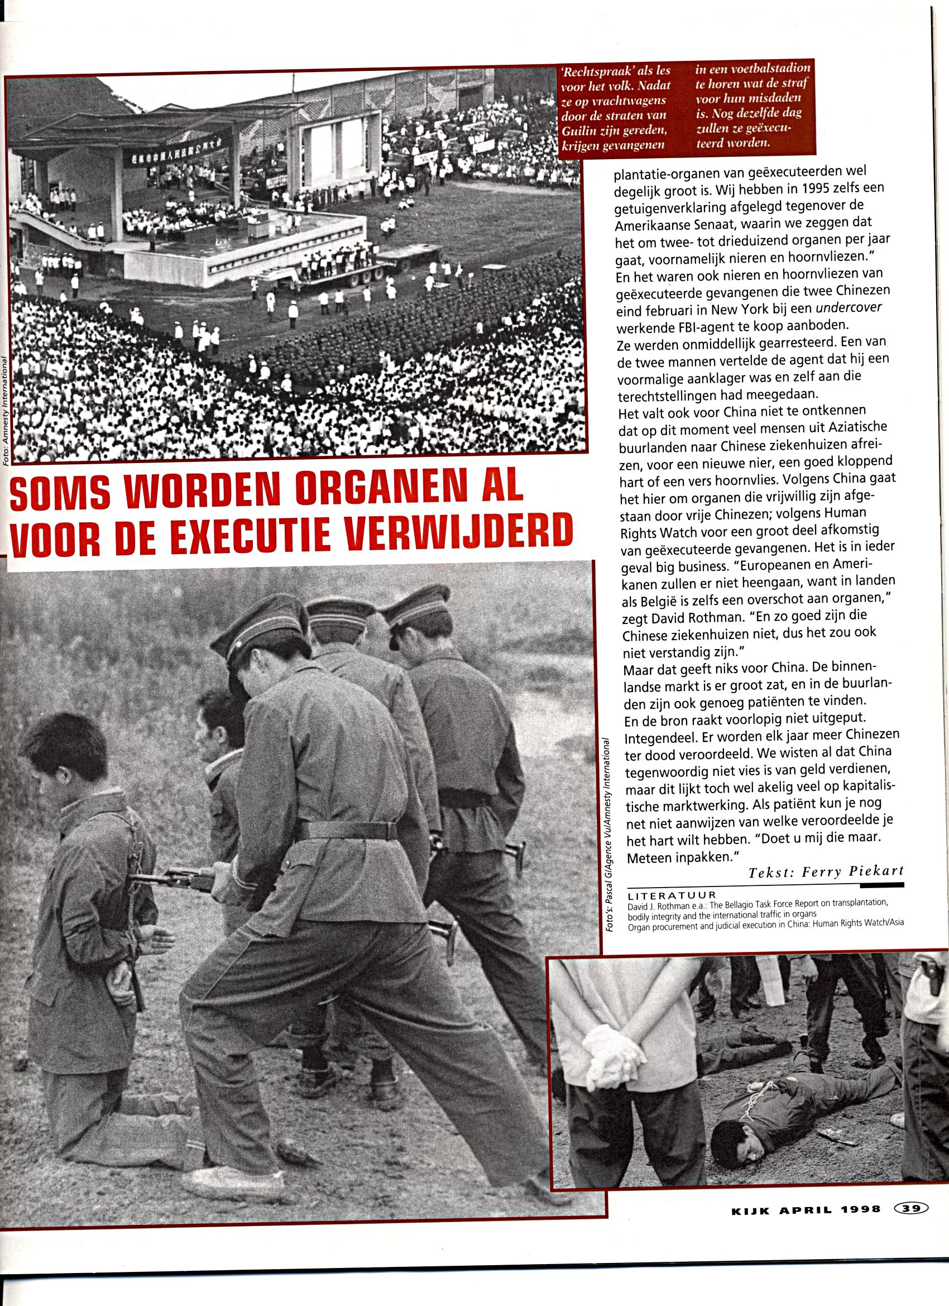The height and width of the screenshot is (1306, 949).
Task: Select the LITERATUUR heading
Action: coord(672,895)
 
